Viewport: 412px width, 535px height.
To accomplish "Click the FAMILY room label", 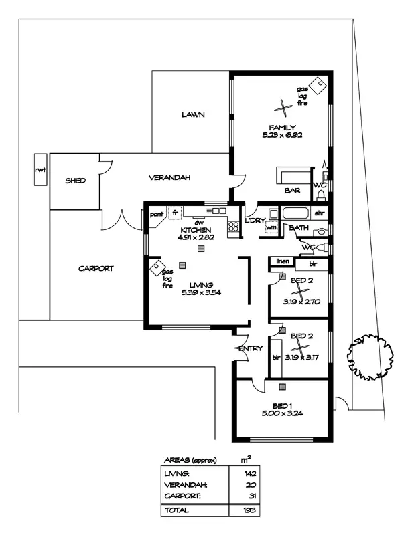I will (283, 127).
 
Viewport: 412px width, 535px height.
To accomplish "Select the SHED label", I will (74, 181).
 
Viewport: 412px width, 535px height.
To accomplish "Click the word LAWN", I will (192, 114).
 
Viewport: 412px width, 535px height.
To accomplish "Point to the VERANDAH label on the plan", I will (169, 177).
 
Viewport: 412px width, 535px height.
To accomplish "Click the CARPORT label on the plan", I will (96, 268).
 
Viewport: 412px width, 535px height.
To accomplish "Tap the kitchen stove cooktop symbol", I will (233, 227).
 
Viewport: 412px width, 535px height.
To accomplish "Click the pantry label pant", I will (157, 214).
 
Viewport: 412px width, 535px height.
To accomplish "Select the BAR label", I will (292, 191).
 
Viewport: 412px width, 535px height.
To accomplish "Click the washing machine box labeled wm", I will (271, 227).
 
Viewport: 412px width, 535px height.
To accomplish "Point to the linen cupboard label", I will (281, 261).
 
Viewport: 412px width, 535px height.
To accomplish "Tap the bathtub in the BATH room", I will (295, 214).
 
